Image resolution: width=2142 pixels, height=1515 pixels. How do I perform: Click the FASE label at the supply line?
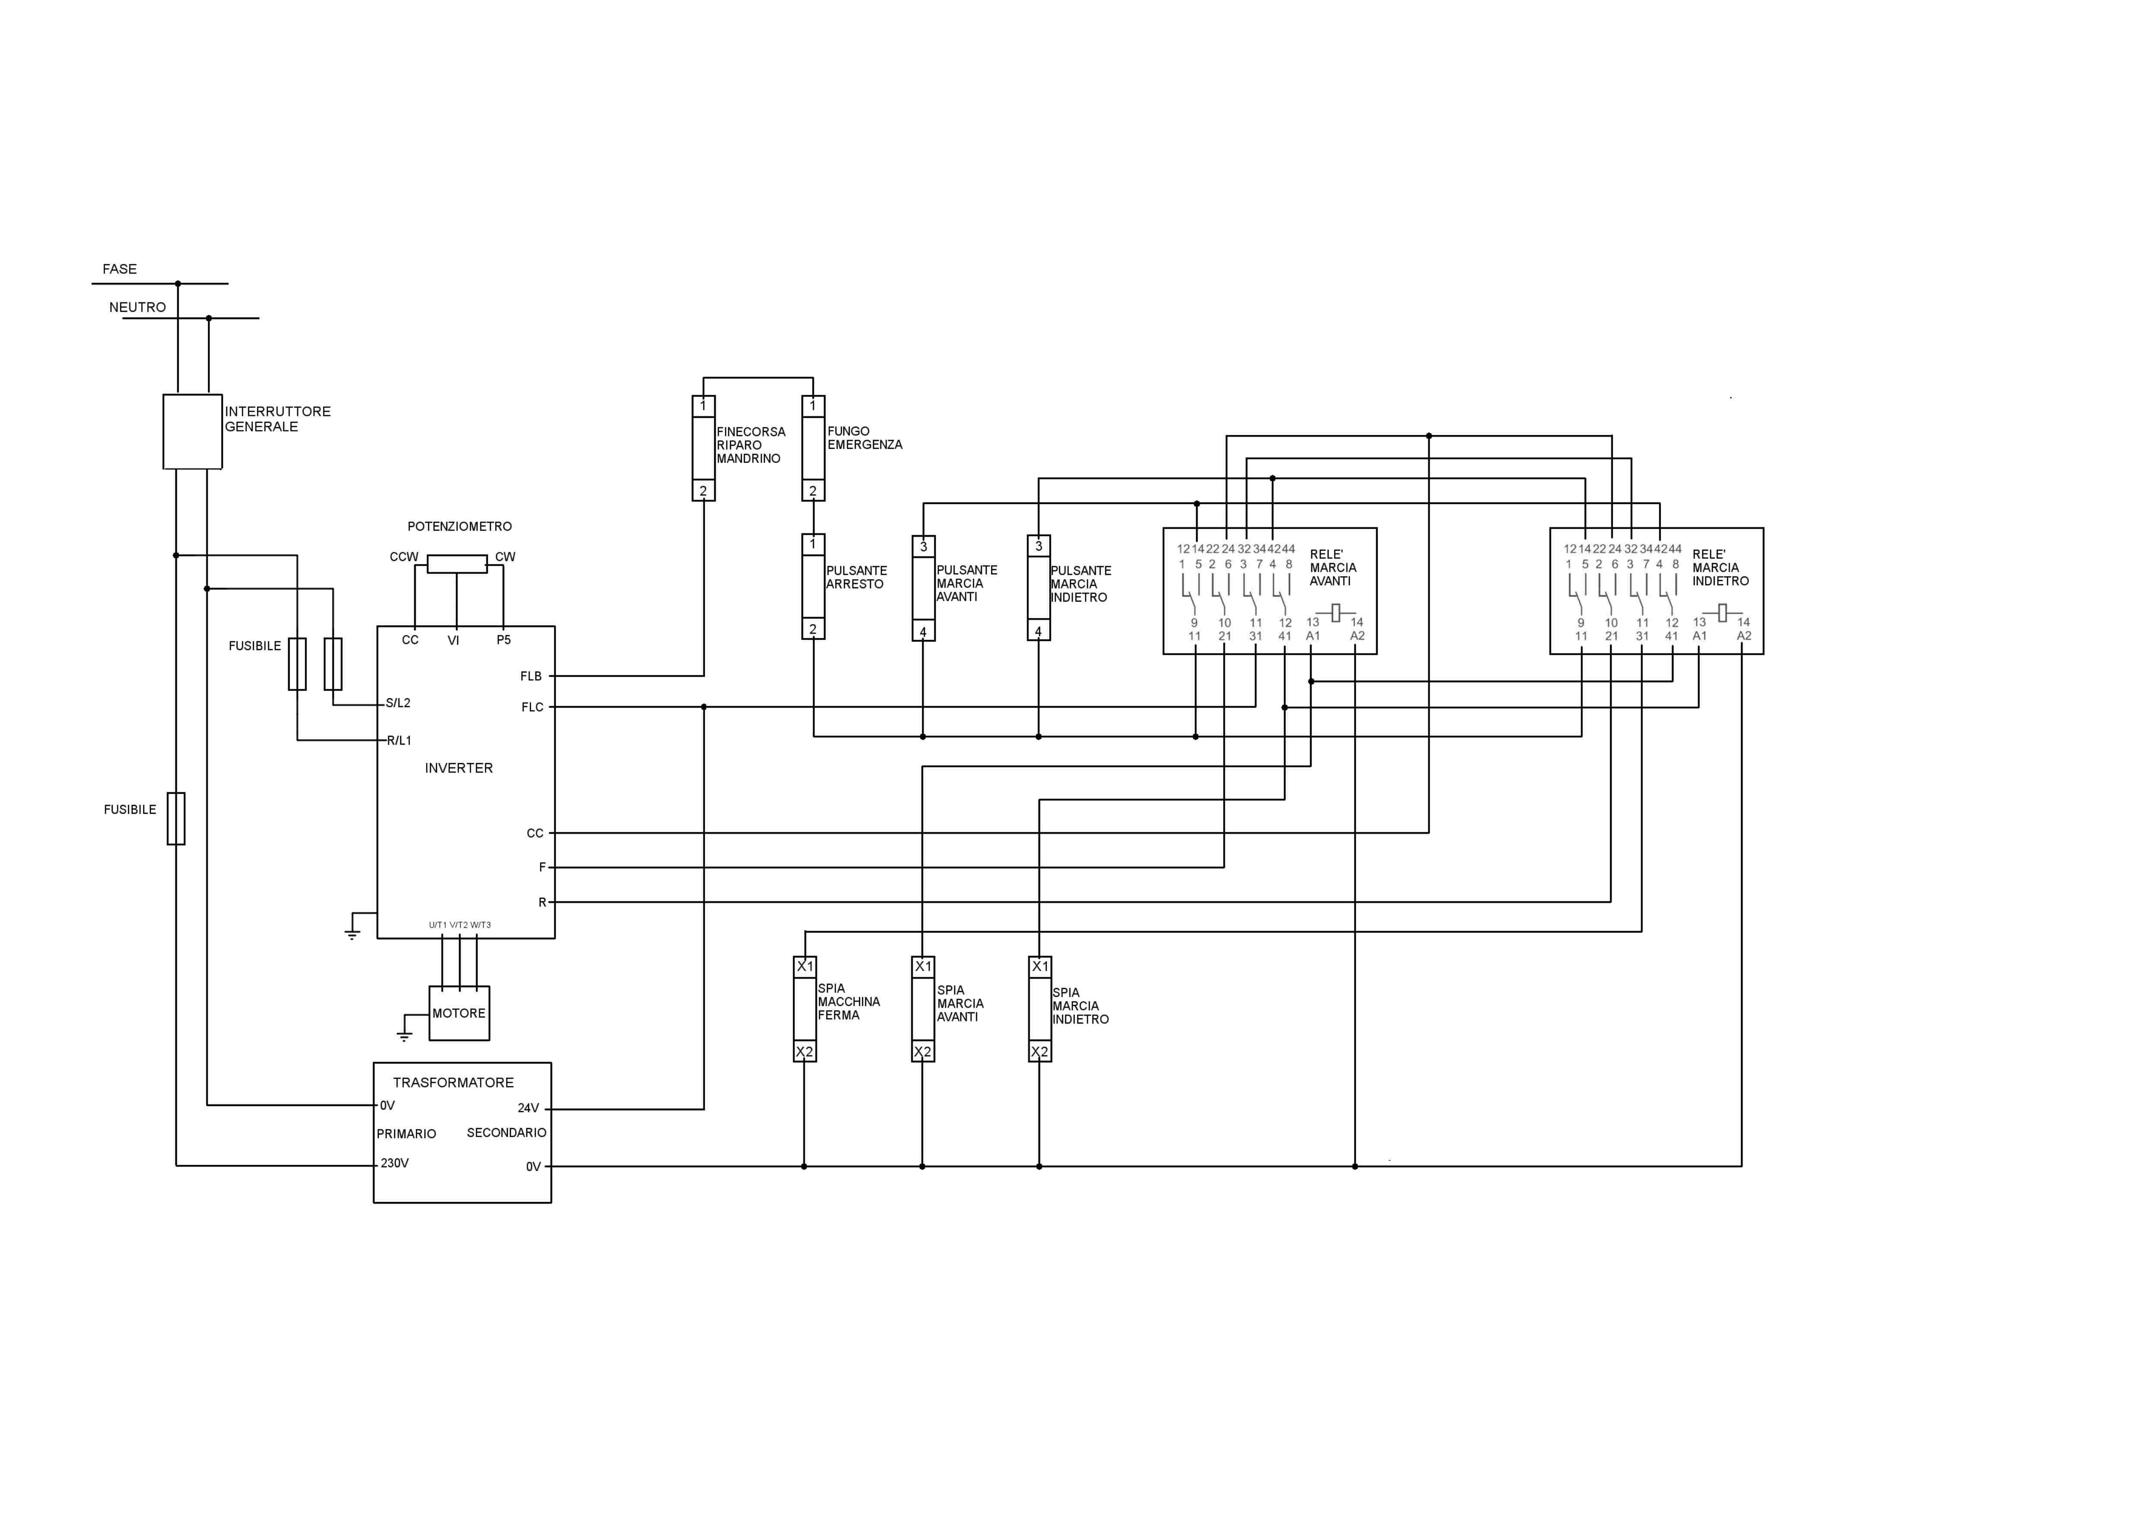pos(120,269)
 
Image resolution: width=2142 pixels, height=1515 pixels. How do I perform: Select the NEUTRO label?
pos(137,307)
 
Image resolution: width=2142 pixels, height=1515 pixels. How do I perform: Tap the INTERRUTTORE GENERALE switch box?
pos(192,431)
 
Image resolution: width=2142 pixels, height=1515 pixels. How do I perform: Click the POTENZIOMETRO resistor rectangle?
pos(457,564)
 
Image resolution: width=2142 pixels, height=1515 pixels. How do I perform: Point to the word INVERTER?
pos(458,768)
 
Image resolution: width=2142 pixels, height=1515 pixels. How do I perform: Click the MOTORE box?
pos(459,1013)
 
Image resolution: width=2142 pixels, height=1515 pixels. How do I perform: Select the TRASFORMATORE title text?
pos(453,1082)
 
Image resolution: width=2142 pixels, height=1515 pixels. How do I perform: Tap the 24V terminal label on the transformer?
pos(528,1108)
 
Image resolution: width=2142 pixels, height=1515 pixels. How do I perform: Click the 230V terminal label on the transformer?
pos(395,1163)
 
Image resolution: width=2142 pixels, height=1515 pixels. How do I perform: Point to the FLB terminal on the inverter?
pos(531,676)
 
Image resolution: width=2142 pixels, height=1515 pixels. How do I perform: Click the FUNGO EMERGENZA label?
pos(865,437)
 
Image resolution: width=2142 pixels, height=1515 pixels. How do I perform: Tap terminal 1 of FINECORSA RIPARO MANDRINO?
pos(703,406)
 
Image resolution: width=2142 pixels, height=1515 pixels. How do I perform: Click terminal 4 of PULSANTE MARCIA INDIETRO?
pos(1038,631)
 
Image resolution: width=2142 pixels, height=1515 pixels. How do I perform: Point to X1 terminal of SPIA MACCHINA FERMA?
pos(805,967)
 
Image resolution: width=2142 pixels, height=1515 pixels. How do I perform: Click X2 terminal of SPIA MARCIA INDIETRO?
pos(1039,1051)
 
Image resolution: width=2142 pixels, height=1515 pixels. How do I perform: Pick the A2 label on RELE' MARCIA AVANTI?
pos(1357,636)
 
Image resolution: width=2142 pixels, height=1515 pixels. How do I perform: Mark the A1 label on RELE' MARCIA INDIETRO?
pos(1700,636)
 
